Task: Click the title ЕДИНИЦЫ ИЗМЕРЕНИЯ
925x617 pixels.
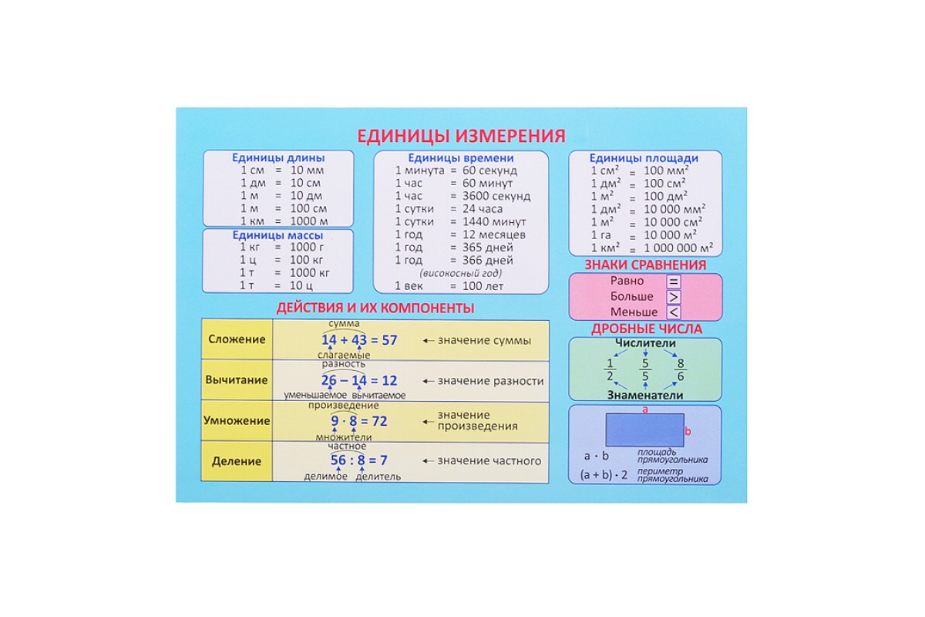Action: [461, 136]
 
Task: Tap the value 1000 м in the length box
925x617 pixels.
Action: [309, 221]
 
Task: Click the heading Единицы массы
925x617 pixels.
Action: [278, 235]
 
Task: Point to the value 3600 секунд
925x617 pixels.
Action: [496, 196]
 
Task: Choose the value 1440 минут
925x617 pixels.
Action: [493, 221]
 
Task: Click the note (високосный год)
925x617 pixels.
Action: [460, 273]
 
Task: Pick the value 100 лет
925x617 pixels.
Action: [483, 286]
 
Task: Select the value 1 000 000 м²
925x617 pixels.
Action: [678, 248]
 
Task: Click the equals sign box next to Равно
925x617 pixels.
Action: [674, 282]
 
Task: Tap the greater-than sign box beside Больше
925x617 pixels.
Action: [674, 297]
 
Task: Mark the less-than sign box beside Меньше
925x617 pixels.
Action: [674, 312]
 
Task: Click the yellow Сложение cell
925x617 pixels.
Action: [236, 339]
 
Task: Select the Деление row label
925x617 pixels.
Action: [236, 461]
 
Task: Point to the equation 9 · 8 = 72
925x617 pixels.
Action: [359, 421]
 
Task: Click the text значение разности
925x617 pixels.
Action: [490, 380]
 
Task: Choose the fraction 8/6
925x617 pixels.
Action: [680, 370]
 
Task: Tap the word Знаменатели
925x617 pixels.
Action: [645, 395]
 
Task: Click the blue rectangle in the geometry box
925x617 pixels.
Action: [644, 430]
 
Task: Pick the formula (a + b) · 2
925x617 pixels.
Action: [604, 475]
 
